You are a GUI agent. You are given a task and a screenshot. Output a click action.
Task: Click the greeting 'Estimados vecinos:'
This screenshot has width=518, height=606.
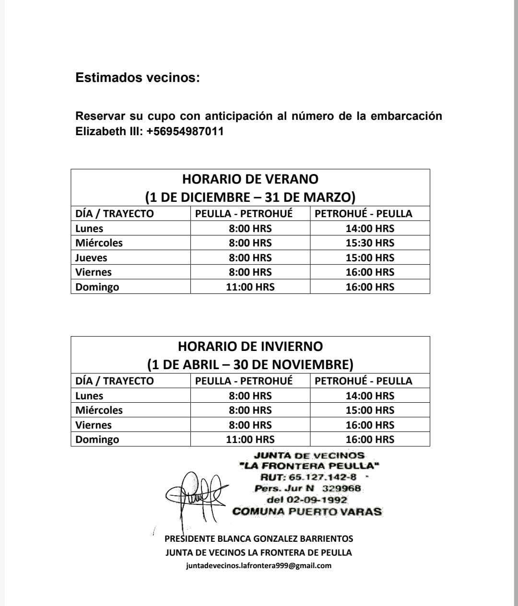tap(138, 78)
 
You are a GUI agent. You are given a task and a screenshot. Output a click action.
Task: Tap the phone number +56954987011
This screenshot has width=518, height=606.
tap(185, 131)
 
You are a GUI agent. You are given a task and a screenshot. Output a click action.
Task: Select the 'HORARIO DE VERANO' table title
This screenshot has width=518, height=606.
tap(250, 179)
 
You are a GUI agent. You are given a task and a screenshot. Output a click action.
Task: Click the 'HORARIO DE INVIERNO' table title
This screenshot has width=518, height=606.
tap(250, 347)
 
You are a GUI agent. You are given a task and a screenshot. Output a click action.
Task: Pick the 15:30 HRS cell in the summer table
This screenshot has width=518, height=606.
tap(370, 243)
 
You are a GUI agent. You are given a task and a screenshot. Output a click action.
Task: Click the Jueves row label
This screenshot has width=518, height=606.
tap(91, 258)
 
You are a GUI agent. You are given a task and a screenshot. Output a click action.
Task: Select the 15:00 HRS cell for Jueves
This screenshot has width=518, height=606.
tap(370, 258)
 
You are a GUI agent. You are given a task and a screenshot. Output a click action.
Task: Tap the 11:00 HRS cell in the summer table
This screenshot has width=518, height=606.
tap(250, 287)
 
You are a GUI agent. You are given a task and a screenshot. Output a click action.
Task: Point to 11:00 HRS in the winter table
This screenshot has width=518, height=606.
tap(250, 440)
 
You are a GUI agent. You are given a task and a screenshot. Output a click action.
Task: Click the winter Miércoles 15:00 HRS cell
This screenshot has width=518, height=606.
tap(370, 410)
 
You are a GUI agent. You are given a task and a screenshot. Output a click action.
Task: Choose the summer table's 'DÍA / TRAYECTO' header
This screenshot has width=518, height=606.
tap(115, 214)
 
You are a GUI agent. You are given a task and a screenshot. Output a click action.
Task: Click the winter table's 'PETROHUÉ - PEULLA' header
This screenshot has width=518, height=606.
tap(363, 381)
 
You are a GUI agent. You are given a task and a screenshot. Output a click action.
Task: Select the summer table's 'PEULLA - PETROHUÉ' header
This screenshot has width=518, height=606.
tap(244, 214)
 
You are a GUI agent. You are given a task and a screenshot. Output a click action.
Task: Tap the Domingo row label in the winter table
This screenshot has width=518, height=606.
tap(97, 440)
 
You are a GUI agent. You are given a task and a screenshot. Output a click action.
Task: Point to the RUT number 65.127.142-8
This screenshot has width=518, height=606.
tap(322, 477)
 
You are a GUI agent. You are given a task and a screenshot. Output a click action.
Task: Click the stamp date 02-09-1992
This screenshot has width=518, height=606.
tap(317, 500)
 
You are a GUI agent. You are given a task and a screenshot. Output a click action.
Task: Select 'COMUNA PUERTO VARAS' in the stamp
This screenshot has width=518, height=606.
tap(307, 512)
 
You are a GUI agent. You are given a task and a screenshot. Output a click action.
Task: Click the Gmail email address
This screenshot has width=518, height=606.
tap(259, 566)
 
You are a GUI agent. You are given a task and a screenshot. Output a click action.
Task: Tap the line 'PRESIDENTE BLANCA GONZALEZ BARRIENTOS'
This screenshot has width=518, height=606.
tap(259, 539)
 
